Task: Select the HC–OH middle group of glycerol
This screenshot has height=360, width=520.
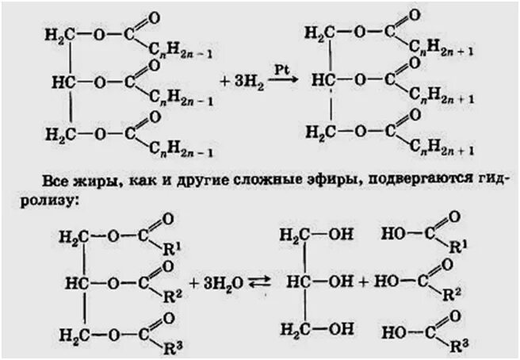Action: click(310, 281)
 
